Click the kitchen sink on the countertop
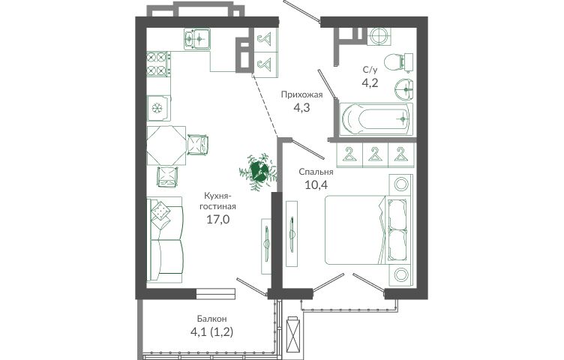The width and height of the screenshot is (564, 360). [197, 39]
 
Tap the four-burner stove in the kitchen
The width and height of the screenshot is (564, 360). [158, 64]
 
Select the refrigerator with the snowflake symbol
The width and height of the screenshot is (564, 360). [158, 108]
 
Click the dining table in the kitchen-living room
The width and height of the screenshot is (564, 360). [166, 145]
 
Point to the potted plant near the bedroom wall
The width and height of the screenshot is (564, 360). [259, 171]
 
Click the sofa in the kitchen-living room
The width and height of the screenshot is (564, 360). [166, 239]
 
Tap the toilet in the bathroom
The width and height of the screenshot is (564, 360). [398, 62]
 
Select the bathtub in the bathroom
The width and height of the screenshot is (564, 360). [376, 119]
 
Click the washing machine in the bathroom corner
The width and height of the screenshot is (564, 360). [379, 36]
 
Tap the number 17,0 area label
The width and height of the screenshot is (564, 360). [218, 219]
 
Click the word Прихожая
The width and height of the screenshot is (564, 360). [301, 95]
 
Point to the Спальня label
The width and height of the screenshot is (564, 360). [316, 172]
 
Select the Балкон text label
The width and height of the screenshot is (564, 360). [211, 319]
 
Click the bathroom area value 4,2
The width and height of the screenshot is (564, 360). [370, 82]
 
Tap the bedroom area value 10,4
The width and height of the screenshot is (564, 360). [316, 184]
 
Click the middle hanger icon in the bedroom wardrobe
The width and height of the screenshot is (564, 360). [374, 154]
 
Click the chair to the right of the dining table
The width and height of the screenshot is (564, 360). [197, 145]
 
